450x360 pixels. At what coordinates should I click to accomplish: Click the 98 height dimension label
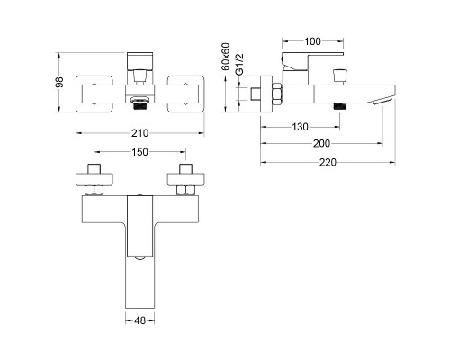(60, 82)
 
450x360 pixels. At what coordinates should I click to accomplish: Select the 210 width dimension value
(139, 133)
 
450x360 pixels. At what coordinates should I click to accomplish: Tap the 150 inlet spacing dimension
(140, 152)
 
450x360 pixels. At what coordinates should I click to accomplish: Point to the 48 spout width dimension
(140, 320)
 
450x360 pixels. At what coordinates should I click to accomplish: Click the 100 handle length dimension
(312, 41)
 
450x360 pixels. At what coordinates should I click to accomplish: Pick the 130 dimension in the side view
(300, 127)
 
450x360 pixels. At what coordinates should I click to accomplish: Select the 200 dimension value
(321, 144)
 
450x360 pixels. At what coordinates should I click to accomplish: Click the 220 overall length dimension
(328, 163)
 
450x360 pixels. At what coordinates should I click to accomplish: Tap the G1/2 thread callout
(239, 65)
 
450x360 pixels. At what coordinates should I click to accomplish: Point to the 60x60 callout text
(226, 57)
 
